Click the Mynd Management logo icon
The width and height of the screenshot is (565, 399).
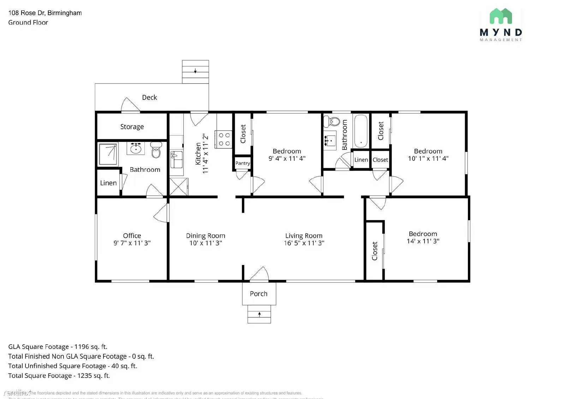point(501,17)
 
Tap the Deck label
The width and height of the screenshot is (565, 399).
point(149,97)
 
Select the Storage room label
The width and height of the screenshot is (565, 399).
point(132,127)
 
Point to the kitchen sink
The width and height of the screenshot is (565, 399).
point(176,160)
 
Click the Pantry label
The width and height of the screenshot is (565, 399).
point(243,163)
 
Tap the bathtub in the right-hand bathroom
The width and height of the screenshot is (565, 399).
point(361,131)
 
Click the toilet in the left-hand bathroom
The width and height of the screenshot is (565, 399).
point(156,150)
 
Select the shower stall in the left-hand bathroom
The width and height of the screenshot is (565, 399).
point(108,154)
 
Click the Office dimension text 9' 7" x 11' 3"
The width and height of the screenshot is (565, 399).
point(132,243)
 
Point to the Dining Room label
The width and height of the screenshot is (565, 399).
point(206,236)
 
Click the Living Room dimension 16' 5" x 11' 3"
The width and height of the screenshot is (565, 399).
point(304,243)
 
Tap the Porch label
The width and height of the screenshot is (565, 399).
point(258,294)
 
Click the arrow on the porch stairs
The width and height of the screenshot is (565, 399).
point(259,314)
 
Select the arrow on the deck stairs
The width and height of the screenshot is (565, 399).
point(195,71)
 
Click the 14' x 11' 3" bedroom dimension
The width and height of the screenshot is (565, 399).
point(423,241)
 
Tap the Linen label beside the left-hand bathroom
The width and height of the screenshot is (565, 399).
point(108,183)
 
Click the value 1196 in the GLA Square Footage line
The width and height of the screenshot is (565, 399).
point(81,347)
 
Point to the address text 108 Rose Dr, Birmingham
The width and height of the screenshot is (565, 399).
point(45,13)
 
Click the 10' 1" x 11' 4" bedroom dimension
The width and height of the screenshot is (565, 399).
point(428,159)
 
